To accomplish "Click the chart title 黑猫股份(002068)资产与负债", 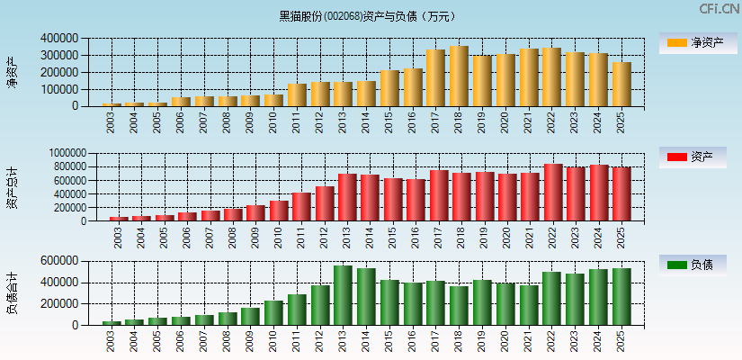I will [366, 15].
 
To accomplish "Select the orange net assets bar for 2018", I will [459, 76].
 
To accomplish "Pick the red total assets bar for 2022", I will [552, 193].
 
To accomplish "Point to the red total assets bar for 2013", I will [347, 197].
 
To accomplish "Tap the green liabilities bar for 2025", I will [621, 297].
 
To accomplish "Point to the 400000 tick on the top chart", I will [59, 39].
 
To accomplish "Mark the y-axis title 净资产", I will [12, 72].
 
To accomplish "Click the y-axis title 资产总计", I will [12, 187].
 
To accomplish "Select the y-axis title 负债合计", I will [12, 293].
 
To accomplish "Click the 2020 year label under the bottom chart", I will [505, 341].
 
